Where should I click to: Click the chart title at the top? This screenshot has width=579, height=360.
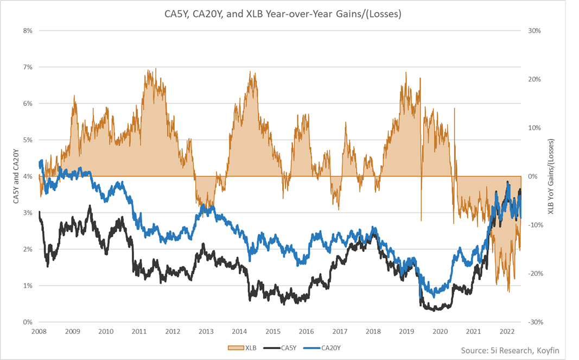point(289,15)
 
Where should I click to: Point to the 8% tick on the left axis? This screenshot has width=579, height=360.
point(27,30)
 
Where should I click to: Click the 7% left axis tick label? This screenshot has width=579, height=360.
point(27,67)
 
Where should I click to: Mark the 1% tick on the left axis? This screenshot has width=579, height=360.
point(27,286)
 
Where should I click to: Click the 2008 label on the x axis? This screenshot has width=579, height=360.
point(39,331)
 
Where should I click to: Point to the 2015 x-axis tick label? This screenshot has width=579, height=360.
point(273,331)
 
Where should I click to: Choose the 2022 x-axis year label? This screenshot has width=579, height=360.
point(507,331)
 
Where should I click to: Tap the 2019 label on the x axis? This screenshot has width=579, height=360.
point(406,331)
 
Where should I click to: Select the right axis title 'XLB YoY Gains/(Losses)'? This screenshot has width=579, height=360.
point(551,176)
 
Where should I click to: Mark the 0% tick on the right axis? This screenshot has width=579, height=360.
point(533,176)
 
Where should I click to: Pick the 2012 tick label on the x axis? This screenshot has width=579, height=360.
point(173,331)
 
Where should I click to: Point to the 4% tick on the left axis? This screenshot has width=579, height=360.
point(27,176)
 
